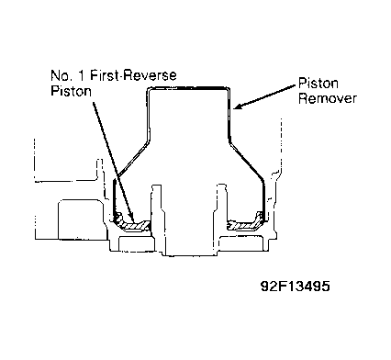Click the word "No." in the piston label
point(61,75)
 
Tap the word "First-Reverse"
point(133,75)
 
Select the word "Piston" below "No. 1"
point(71,91)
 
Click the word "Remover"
point(328,98)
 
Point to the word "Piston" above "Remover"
point(318,84)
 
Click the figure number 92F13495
point(296,287)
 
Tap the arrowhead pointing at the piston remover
point(238,106)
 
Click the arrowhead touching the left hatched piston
point(132,217)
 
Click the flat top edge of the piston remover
point(188,88)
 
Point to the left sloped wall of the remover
point(132,159)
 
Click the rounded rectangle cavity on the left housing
point(81,219)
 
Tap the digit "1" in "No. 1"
point(81,75)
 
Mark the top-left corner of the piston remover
point(148,89)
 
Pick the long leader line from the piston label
point(112,160)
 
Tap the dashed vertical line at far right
point(281,144)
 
